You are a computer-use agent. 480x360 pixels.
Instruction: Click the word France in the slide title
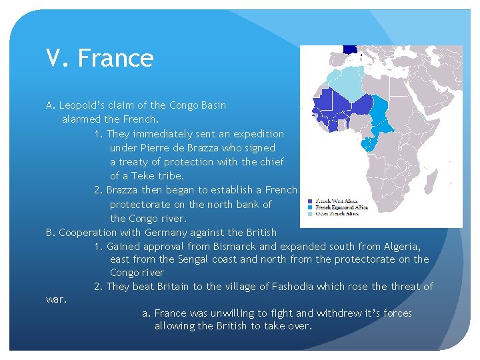coord(116,59)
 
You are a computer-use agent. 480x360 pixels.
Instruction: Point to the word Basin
coord(211,105)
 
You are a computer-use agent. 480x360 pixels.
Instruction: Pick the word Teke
coord(133,175)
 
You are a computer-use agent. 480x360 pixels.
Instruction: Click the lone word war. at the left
coord(57,299)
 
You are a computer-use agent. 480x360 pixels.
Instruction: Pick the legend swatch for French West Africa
coord(311,201)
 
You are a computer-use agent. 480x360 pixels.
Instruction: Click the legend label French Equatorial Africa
coord(339,207)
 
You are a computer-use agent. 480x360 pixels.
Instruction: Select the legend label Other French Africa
coord(337,214)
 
